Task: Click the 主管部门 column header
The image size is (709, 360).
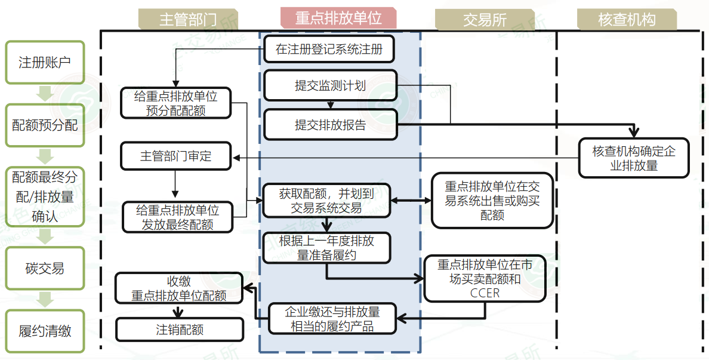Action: point(188,19)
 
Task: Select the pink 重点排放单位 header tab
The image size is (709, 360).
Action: point(338,18)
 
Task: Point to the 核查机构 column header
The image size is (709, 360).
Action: point(627,20)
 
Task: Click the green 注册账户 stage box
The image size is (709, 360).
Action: point(45,62)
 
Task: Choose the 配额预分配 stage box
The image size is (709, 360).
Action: point(45,125)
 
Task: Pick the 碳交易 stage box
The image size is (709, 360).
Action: point(45,269)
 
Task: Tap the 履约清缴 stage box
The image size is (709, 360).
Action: point(45,331)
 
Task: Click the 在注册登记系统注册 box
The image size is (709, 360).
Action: point(329,50)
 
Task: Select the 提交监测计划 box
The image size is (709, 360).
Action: point(330,85)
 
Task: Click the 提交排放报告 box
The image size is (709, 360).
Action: point(330,125)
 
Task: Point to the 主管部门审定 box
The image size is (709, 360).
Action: point(176,156)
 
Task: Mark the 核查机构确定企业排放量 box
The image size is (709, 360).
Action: point(634,158)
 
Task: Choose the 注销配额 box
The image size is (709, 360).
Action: point(180,330)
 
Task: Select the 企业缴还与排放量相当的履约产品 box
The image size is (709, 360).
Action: point(332,319)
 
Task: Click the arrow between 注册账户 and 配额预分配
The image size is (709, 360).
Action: point(45,94)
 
